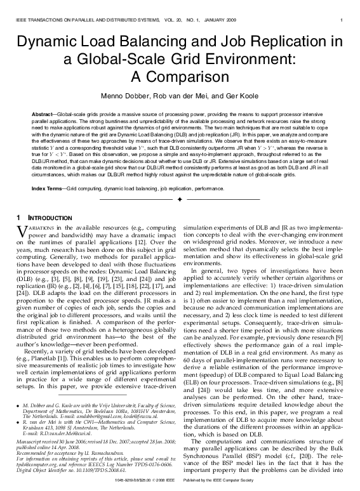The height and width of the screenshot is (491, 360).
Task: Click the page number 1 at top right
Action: tap(342, 20)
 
